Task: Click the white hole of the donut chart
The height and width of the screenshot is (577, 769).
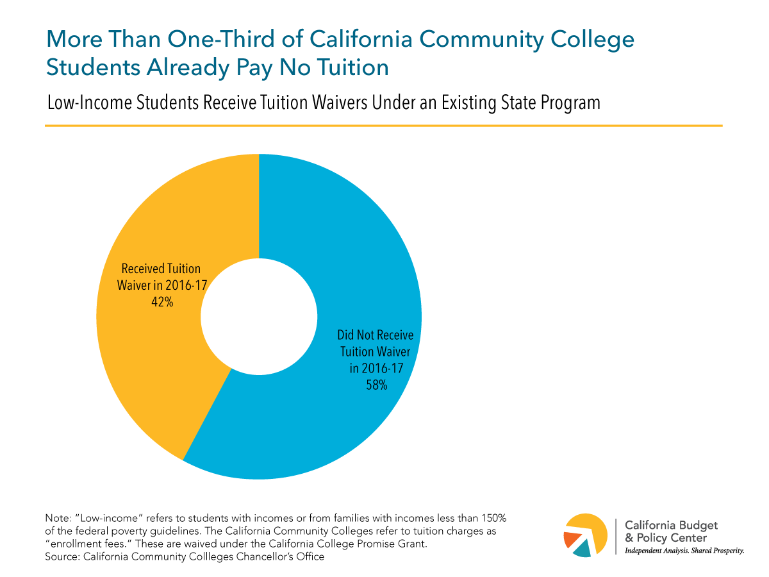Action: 259,316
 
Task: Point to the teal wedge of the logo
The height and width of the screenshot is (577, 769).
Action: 582,549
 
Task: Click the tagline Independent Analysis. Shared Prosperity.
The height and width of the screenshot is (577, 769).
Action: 684,550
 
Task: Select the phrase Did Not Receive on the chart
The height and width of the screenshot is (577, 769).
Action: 376,335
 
